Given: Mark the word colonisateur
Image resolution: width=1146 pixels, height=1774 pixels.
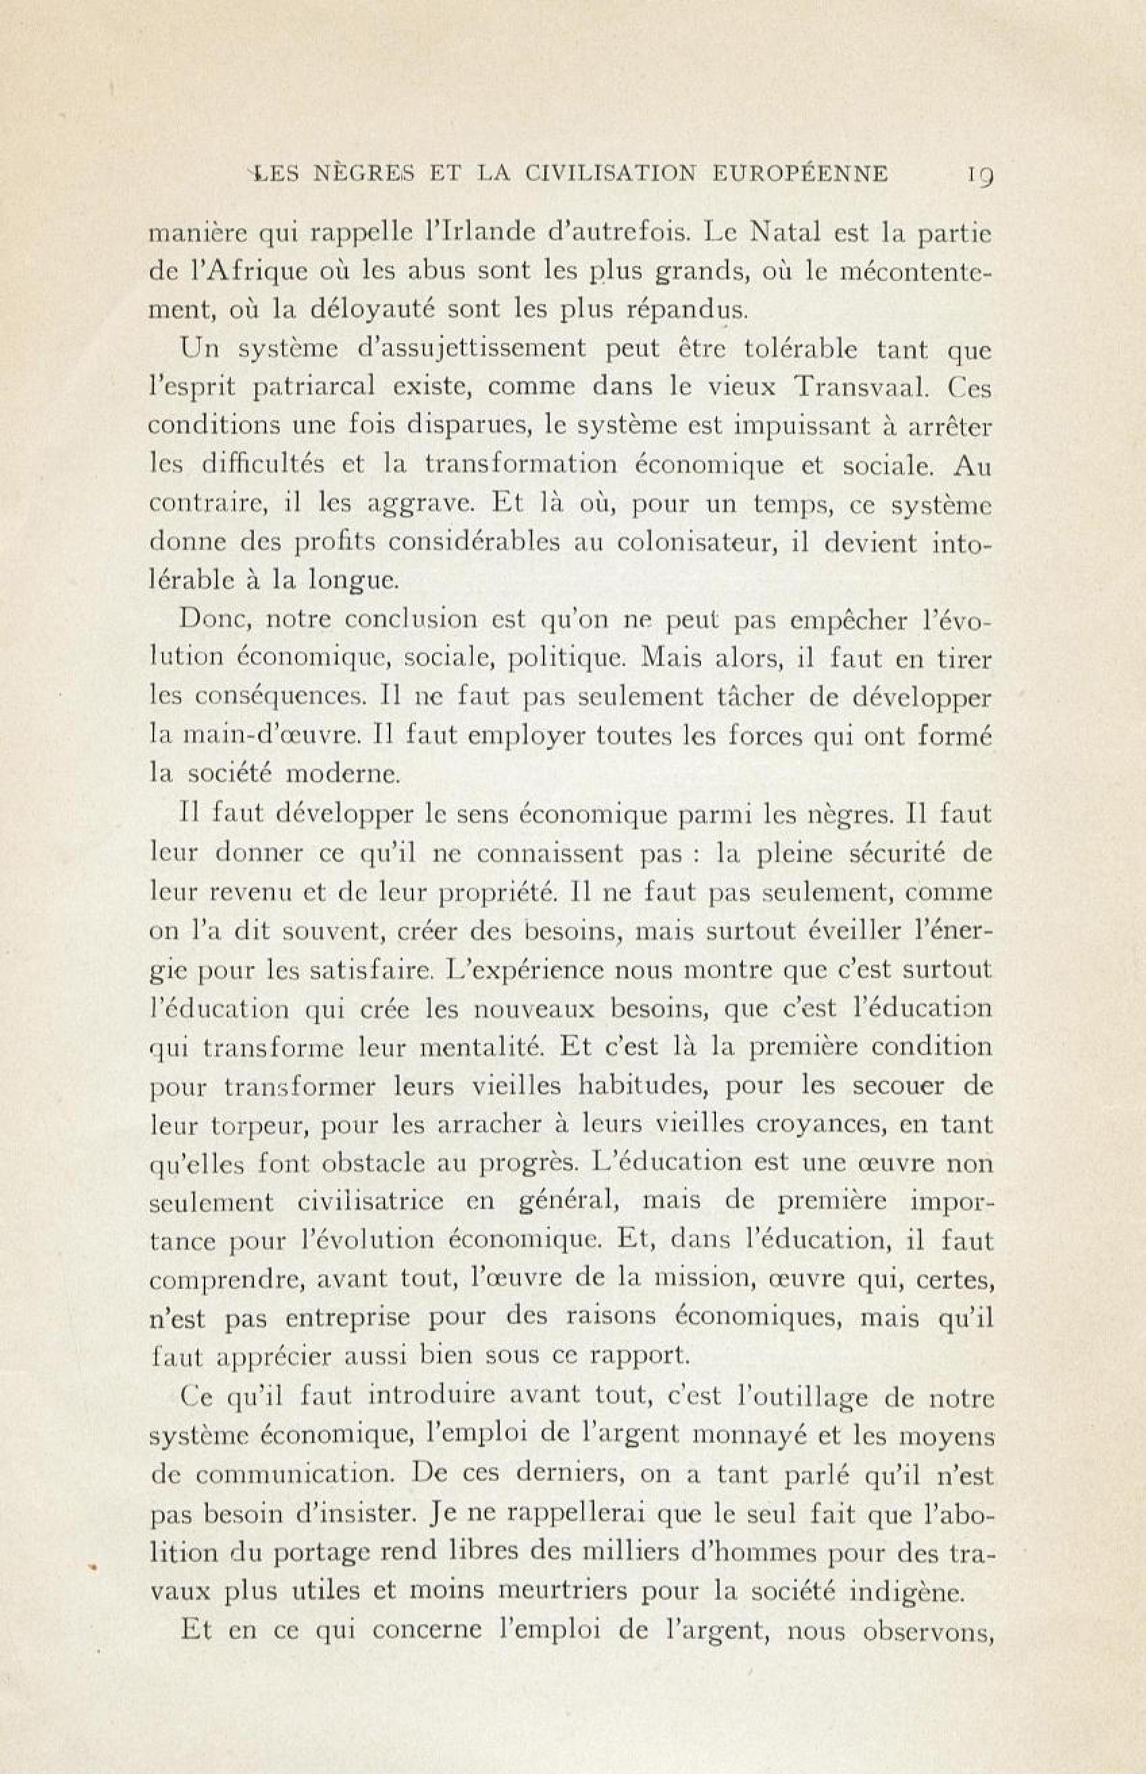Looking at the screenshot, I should pos(692,542).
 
